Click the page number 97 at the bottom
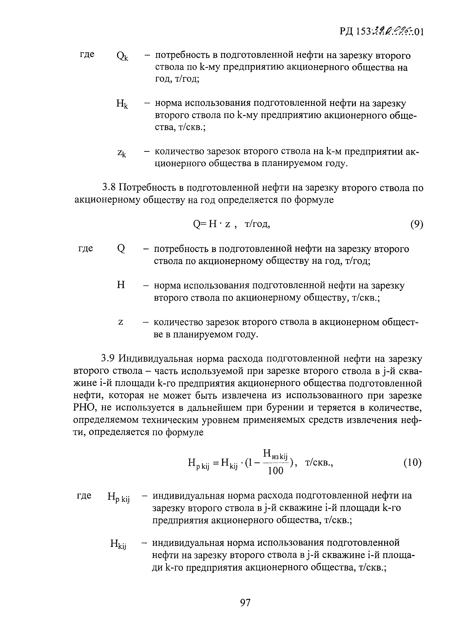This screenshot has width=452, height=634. (245, 603)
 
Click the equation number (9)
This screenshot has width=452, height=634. (417, 224)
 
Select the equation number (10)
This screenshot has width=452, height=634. (412, 463)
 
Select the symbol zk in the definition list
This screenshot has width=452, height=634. (122, 153)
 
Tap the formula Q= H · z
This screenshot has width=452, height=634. (212, 224)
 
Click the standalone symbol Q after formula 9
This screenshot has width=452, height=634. (121, 249)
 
